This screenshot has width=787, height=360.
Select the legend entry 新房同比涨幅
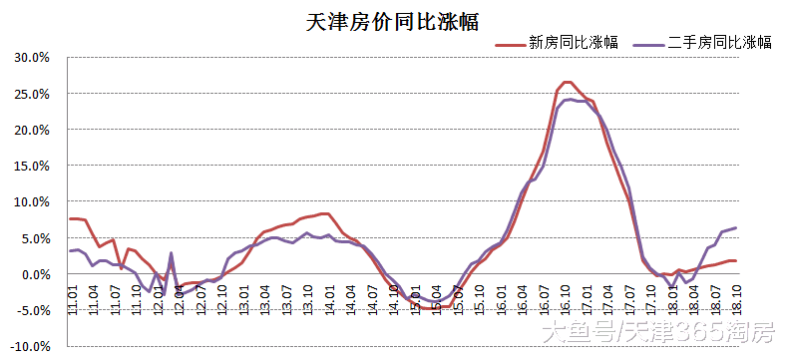572,42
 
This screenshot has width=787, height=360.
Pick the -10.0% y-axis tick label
30,346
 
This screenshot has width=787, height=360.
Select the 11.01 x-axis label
73,298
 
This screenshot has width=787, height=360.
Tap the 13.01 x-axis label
243,298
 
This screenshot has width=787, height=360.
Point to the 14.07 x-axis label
372,298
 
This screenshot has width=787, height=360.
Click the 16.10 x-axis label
566,298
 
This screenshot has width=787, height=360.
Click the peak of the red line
567,82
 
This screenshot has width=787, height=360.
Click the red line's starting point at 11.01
70,218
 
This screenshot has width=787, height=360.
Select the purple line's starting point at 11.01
70,250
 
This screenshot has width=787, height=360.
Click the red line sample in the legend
509,43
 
